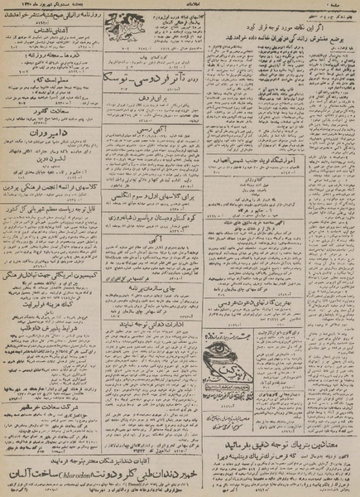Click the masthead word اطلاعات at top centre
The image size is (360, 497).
[180, 5]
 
